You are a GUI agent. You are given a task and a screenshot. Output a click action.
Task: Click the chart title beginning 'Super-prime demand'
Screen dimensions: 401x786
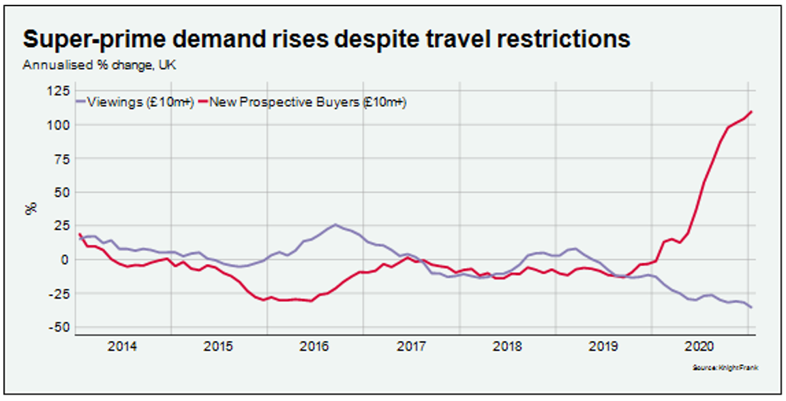coord(327,39)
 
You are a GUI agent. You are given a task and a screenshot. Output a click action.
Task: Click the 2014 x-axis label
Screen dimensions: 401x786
coord(123,346)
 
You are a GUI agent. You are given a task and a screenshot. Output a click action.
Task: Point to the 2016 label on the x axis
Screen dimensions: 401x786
coord(316,346)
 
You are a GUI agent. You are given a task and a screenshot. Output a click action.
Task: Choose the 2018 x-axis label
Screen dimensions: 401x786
coord(509,346)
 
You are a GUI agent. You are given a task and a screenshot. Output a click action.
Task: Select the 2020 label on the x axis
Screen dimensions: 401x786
coord(701,346)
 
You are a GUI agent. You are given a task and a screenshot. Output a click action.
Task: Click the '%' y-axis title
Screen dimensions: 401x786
coord(31,209)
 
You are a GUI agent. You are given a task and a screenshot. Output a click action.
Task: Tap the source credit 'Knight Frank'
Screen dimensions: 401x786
coord(734,368)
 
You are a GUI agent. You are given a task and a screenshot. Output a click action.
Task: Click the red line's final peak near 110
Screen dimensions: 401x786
coord(751,111)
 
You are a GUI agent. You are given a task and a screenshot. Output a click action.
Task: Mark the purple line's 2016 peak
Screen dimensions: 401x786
coord(335,224)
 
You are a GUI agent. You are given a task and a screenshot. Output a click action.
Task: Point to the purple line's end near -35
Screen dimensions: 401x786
coord(751,307)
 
